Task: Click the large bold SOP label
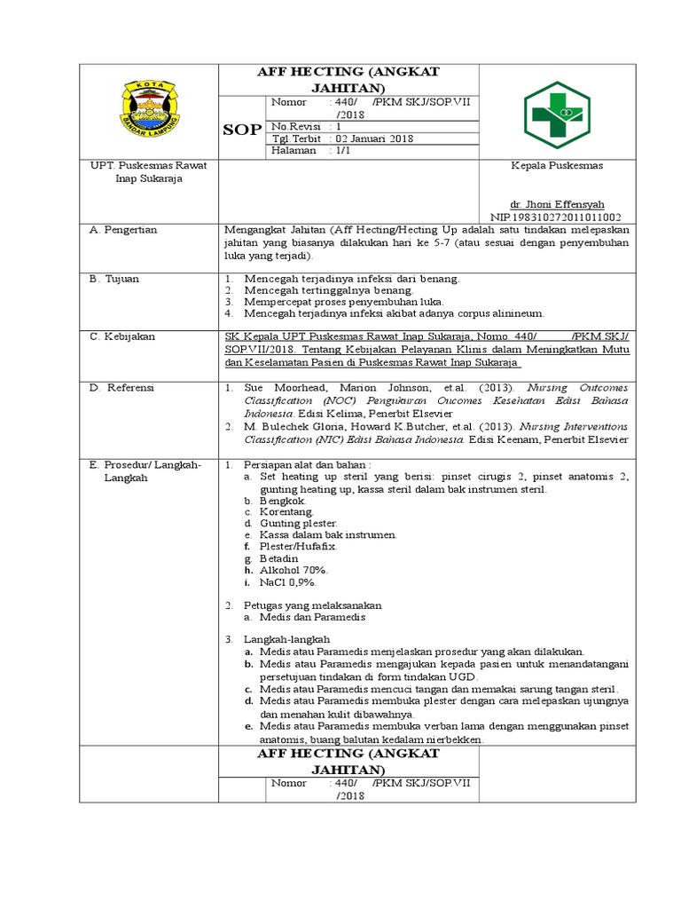242,130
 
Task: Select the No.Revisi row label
295,126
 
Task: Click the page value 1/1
341,151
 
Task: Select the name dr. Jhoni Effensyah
555,203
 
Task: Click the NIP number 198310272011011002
556,217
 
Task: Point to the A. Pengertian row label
124,230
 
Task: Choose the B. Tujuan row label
115,279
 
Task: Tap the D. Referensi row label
122,388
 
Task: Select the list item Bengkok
282,501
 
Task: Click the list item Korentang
286,512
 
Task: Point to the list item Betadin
280,558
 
